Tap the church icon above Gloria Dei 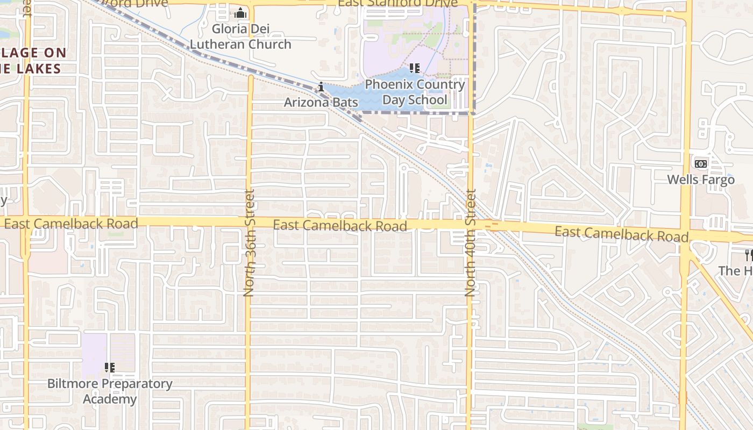pos(240,13)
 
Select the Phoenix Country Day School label pos(415,92)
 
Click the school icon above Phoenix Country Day pos(414,68)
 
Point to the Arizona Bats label pos(321,102)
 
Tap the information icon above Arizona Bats pos(321,87)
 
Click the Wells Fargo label pos(701,180)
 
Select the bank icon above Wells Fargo pos(700,163)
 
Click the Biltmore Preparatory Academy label pos(110,391)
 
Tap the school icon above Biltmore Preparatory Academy pos(110,368)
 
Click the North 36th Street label pos(249,243)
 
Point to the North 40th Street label pos(471,243)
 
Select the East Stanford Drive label pos(397,3)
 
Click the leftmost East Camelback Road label pos(71,224)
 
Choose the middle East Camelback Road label pos(340,225)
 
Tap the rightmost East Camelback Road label pos(621,234)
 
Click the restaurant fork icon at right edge pos(748,255)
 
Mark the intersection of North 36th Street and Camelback pos(249,223)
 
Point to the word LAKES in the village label pos(36,69)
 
